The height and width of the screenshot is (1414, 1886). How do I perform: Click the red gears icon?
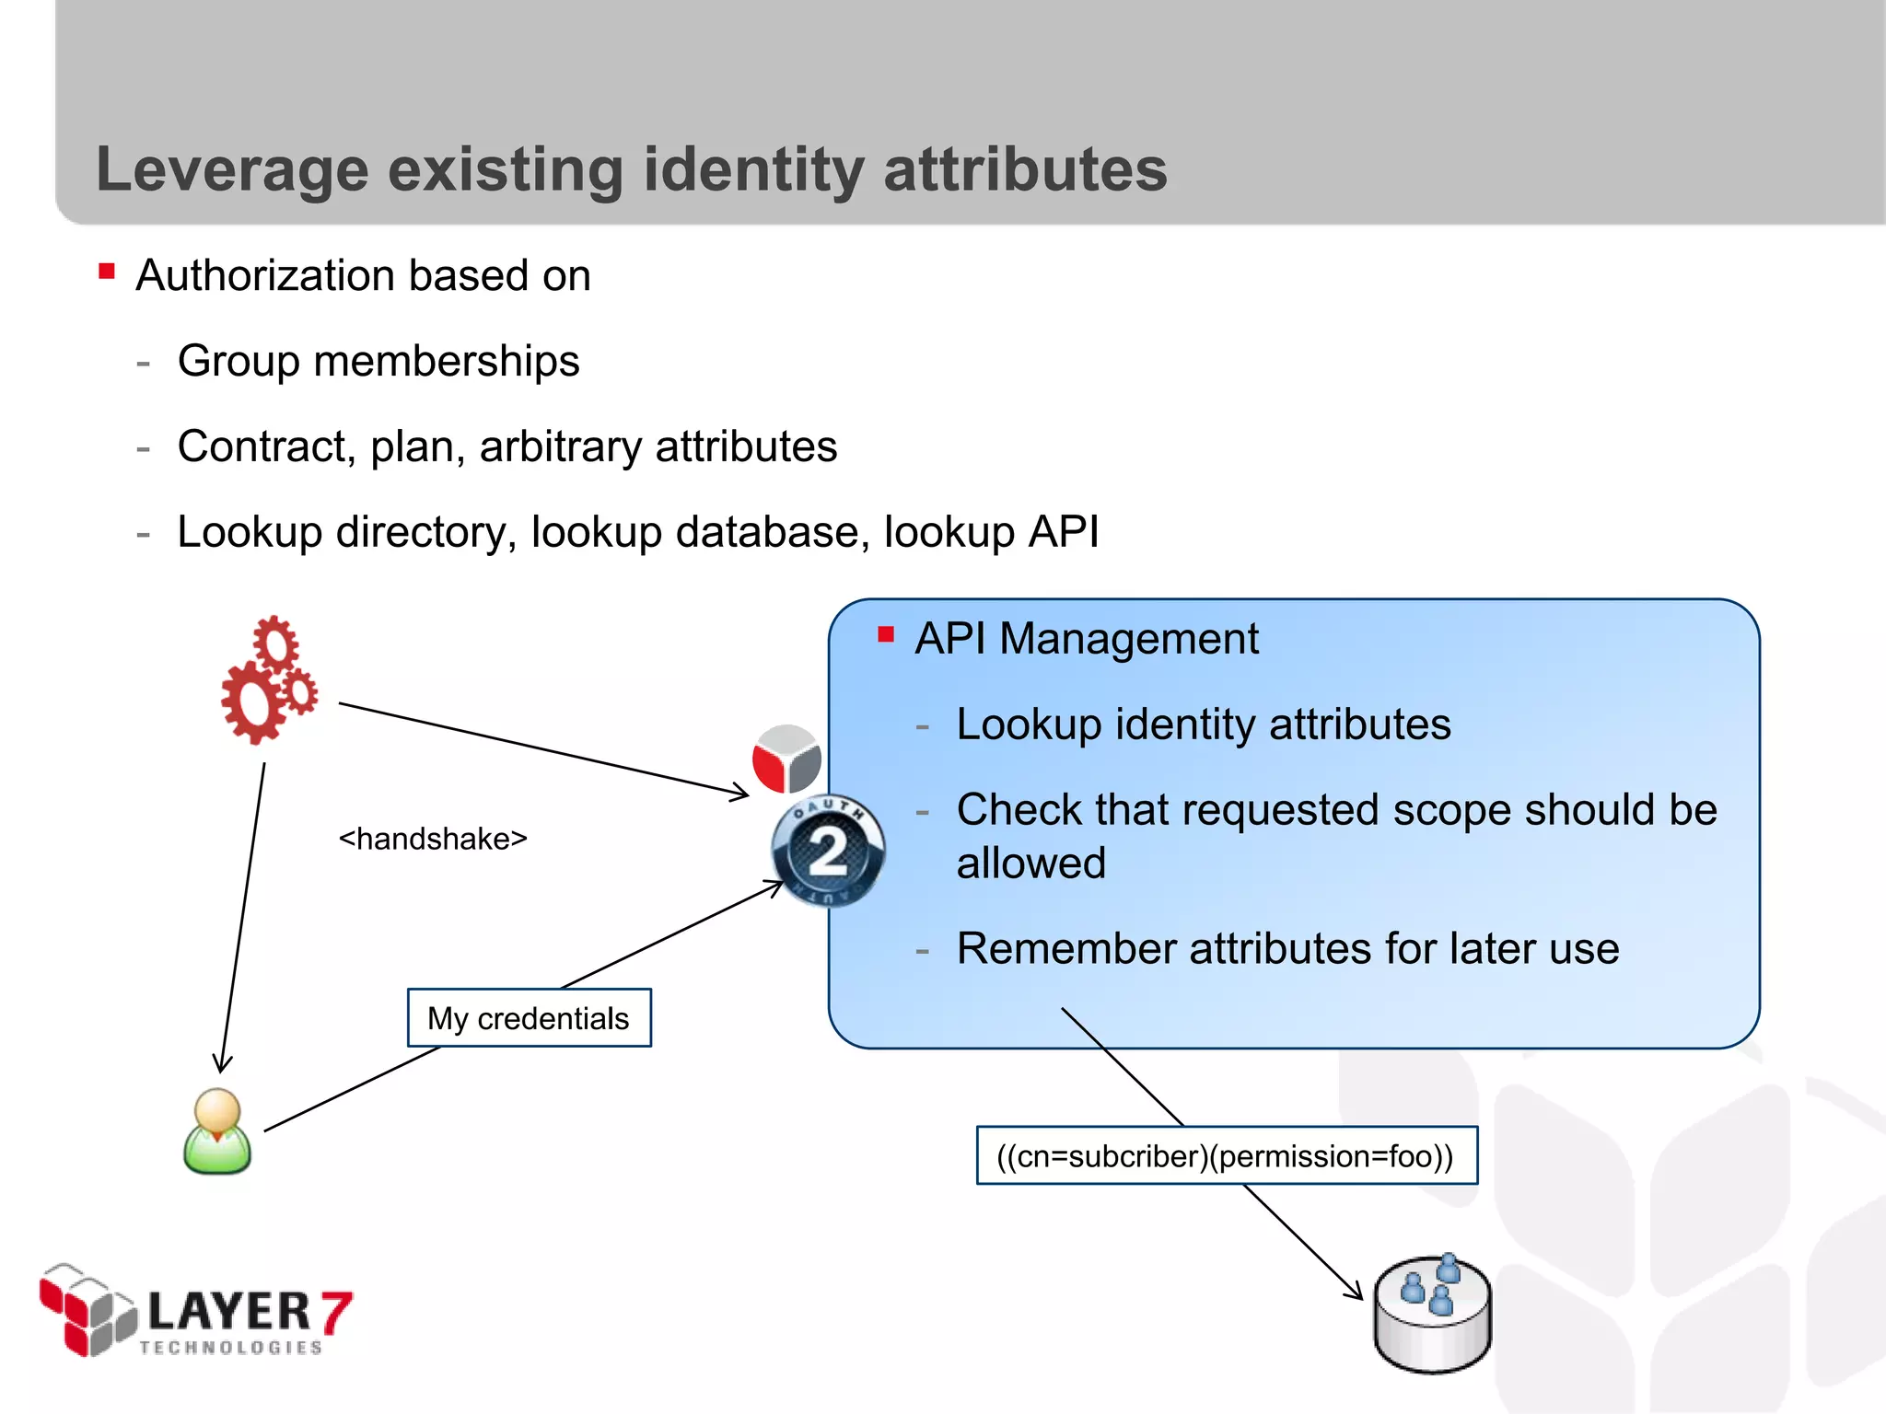[269, 680]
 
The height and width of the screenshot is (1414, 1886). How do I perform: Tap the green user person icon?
[217, 1131]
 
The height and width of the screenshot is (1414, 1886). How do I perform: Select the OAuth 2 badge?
[828, 850]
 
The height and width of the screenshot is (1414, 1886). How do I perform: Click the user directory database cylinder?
[1432, 1314]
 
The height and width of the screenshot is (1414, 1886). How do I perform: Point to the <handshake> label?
[433, 839]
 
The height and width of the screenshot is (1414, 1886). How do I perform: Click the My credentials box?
[529, 1018]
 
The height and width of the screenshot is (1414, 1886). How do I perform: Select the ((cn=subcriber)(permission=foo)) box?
[1226, 1155]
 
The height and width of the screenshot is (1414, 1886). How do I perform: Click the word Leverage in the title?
[231, 170]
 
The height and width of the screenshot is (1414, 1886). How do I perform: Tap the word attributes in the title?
[1025, 170]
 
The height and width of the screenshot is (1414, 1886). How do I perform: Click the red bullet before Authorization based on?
[107, 272]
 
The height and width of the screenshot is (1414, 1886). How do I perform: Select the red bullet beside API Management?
[886, 634]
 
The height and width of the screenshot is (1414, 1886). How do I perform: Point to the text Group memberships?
[378, 361]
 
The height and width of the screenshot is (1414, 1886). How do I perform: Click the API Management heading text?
[1086, 639]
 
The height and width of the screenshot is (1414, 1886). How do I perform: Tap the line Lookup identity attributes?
[1203, 724]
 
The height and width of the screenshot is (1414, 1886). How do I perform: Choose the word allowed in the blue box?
[1030, 863]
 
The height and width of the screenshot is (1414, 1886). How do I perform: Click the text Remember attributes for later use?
[1287, 949]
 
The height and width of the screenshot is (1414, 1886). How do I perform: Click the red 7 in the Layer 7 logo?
[336, 1312]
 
